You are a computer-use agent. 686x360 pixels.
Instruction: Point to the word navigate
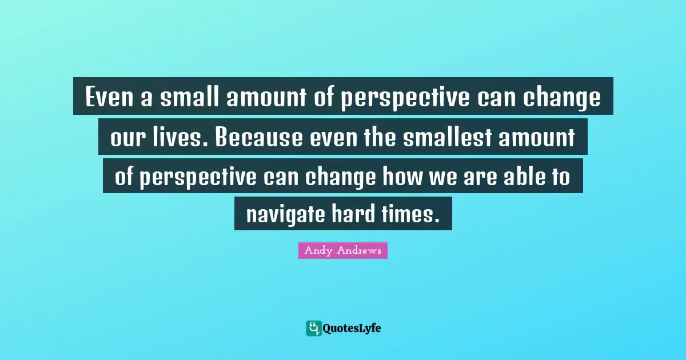coord(285,214)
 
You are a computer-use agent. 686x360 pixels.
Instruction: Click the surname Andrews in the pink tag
coord(361,250)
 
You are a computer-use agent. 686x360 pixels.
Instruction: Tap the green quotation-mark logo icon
coord(313,328)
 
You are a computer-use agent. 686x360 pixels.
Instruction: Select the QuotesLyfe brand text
coord(352,328)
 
